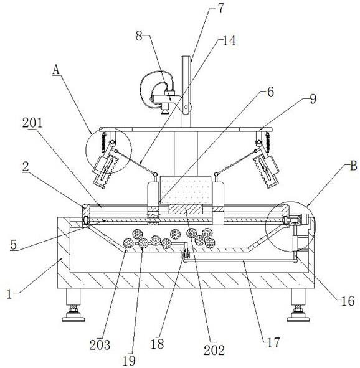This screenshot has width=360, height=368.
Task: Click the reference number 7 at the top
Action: pos(220,9)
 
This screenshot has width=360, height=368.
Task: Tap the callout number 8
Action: pos(139,36)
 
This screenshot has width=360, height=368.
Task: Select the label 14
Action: pos(229,41)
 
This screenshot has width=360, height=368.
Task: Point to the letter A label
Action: pos(56,70)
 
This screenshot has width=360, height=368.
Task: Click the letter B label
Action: pos(353,166)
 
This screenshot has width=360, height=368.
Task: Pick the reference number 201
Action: pos(32,123)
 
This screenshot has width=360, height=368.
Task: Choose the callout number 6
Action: pos(270,92)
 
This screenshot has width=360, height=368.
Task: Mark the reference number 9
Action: pos(313,99)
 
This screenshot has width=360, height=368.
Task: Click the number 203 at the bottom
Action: pos(100,345)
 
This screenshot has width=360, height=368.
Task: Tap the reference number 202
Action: pos(214,351)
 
